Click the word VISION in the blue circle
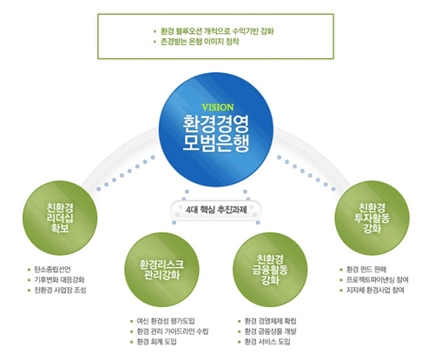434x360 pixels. click(218, 108)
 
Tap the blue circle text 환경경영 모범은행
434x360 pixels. click(216, 134)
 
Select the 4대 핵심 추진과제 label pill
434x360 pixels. click(216, 209)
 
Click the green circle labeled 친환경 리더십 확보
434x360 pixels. click(60, 218)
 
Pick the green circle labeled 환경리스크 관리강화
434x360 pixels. click(161, 270)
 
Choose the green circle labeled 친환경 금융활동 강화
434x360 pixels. click(270, 270)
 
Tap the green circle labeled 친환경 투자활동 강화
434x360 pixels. click(372, 218)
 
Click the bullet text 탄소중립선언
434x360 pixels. click(52, 270)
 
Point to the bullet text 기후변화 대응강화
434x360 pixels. click(59, 280)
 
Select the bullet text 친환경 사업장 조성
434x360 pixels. click(60, 290)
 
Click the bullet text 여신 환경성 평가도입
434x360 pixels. click(166, 321)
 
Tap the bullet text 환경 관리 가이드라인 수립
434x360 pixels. click(173, 331)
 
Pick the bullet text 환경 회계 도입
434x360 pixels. click(156, 342)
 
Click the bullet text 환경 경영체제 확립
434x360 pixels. click(271, 321)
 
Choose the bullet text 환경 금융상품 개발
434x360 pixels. click(271, 331)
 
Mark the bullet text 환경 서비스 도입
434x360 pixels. click(267, 342)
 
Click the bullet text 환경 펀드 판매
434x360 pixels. click(366, 270)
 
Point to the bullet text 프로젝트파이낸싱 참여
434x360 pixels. click(378, 280)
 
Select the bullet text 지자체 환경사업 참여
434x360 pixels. click(375, 290)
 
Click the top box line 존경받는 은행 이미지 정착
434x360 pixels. click(200, 42)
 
